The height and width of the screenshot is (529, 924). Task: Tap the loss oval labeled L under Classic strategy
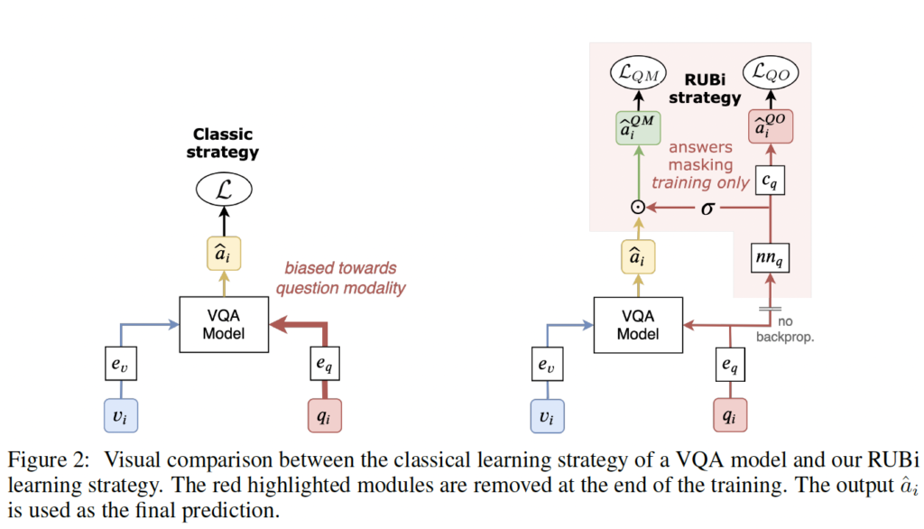[x=224, y=190]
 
